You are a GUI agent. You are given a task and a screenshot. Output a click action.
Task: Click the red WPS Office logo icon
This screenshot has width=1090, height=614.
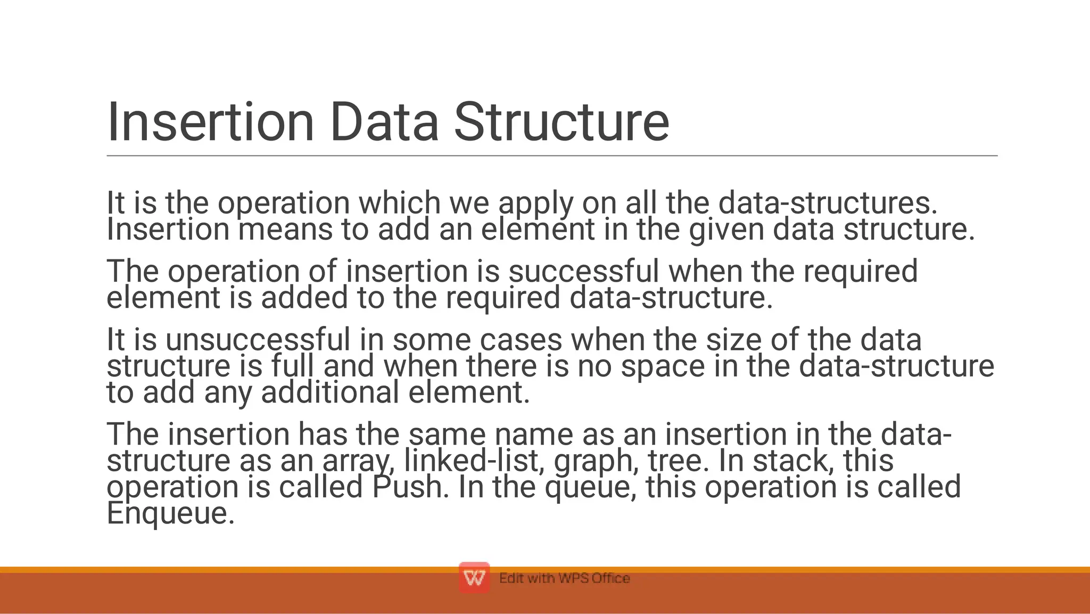(x=474, y=577)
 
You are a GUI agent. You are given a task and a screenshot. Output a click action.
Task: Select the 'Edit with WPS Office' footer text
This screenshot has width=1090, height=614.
(x=564, y=578)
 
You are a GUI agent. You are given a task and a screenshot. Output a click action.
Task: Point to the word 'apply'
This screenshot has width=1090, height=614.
(x=536, y=204)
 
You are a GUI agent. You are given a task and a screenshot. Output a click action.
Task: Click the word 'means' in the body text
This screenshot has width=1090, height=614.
(x=285, y=230)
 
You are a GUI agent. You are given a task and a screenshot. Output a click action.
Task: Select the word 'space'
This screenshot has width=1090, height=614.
(x=663, y=367)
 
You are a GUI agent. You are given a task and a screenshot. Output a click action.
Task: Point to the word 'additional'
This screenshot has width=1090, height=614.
(x=330, y=392)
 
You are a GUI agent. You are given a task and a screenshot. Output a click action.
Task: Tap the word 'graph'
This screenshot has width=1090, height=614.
(x=596, y=461)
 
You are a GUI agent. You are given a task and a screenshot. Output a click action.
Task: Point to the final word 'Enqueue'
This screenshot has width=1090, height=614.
(x=170, y=513)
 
